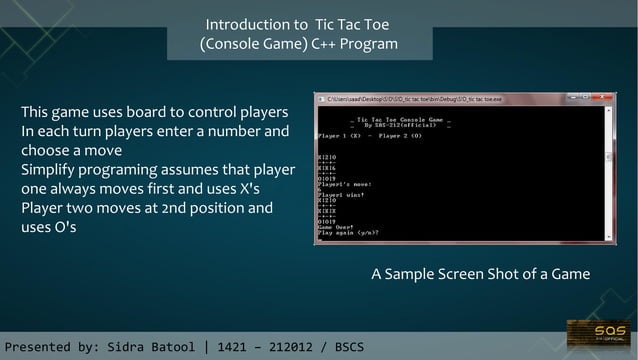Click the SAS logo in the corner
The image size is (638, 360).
tap(597, 334)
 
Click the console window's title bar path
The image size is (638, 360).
tap(400, 98)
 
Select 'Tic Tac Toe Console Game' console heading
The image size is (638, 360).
tap(385, 118)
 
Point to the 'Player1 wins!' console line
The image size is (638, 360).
tap(337, 196)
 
